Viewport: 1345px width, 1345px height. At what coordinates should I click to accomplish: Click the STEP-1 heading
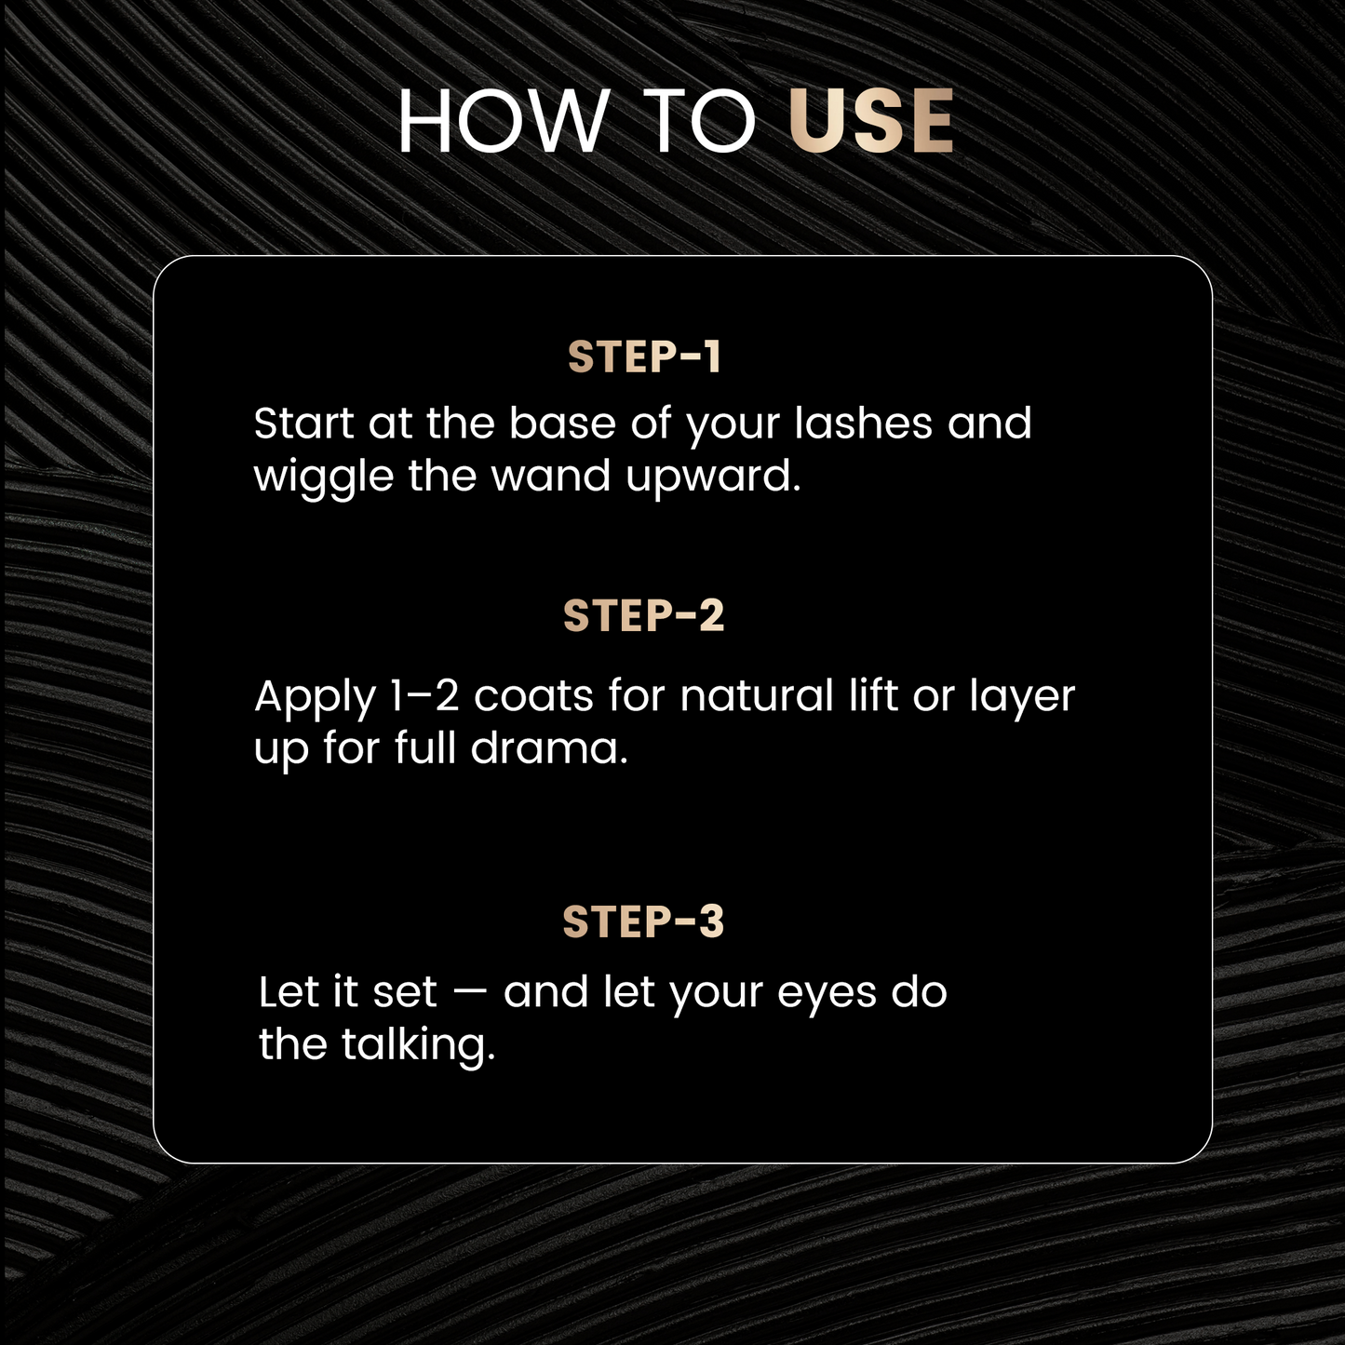[644, 357]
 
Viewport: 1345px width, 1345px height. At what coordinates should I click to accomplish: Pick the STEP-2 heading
[643, 616]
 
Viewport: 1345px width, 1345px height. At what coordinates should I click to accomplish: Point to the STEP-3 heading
[643, 922]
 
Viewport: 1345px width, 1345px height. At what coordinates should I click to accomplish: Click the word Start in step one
[303, 424]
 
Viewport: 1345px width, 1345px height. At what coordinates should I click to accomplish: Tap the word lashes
[863, 424]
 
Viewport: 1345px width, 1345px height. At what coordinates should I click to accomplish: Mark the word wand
[550, 476]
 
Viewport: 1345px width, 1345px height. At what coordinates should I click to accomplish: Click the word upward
[712, 477]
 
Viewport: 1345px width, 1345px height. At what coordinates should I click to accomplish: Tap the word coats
[533, 697]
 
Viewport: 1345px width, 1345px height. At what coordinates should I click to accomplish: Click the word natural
[756, 696]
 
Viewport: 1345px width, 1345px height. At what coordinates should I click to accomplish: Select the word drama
[548, 748]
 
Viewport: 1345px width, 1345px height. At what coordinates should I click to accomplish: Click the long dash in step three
[469, 993]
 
